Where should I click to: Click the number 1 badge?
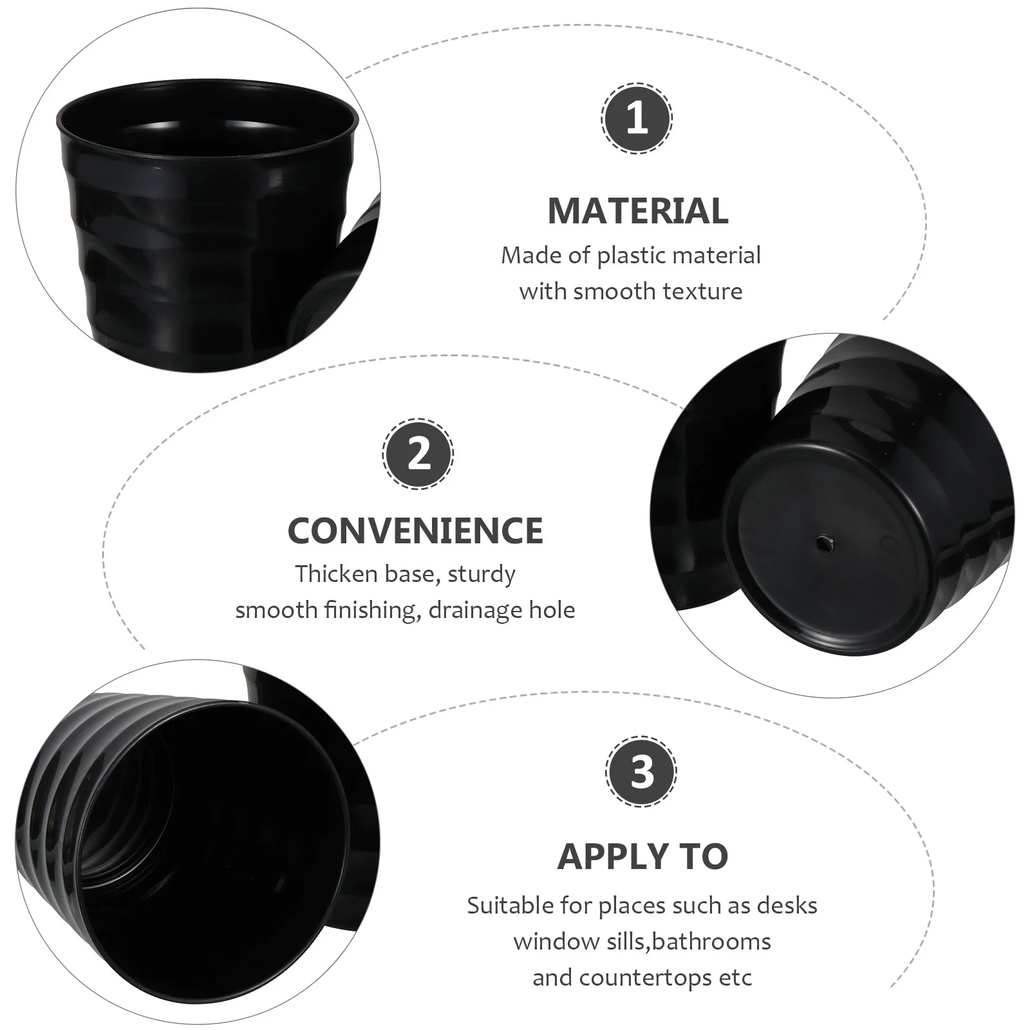(637, 118)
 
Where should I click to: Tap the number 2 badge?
(418, 454)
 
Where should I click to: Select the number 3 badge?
(641, 771)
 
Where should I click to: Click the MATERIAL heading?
(637, 211)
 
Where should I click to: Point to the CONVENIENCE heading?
(415, 530)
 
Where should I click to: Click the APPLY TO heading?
(642, 856)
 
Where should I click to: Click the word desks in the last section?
(786, 906)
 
